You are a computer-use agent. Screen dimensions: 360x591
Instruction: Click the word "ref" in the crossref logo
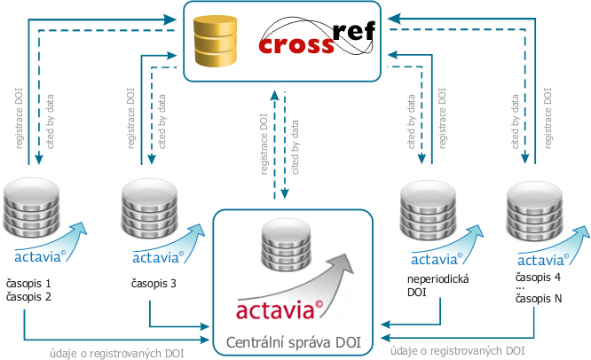tap(354, 33)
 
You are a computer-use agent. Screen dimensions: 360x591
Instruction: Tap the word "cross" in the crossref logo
tap(296, 43)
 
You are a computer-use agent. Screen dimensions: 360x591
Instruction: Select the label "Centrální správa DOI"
tap(291, 341)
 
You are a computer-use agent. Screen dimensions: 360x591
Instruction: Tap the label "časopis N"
tap(540, 301)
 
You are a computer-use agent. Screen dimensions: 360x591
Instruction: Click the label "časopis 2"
tap(30, 296)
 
